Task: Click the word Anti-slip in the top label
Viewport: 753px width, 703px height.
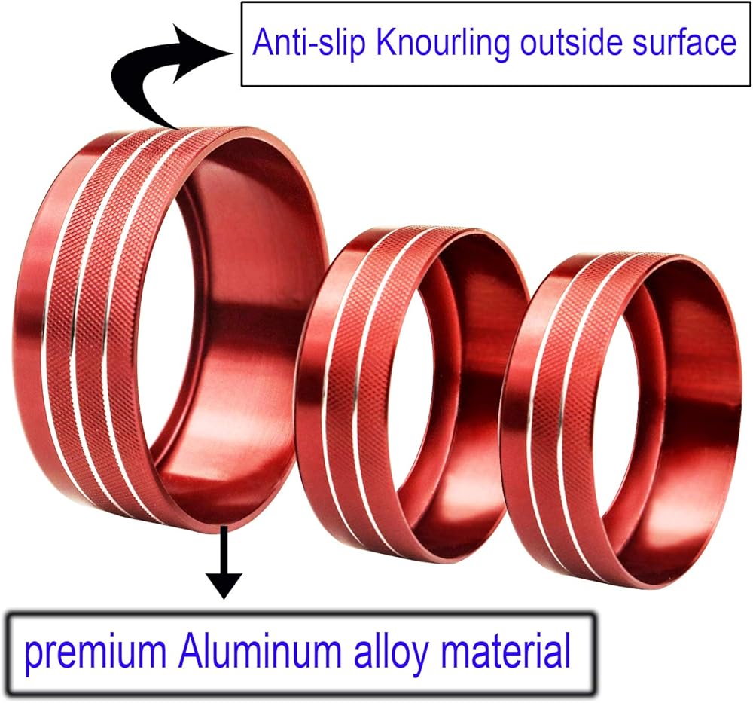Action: pyautogui.click(x=309, y=44)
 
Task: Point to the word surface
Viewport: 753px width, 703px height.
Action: pyautogui.click(x=687, y=44)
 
